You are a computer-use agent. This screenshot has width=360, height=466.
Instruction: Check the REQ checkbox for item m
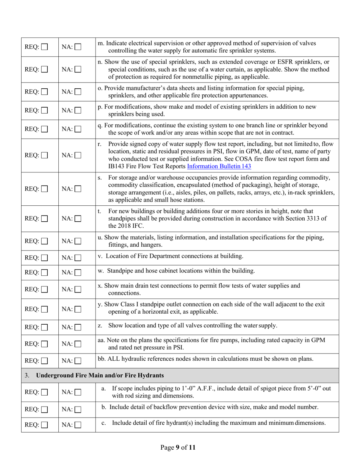point(45,47)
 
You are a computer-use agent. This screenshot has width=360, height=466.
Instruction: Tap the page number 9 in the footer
point(177,448)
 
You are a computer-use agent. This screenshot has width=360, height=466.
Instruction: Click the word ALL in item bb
point(114,359)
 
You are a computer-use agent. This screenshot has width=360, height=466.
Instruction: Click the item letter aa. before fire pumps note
point(101,340)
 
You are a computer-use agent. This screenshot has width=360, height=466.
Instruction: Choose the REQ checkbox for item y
point(45,308)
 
